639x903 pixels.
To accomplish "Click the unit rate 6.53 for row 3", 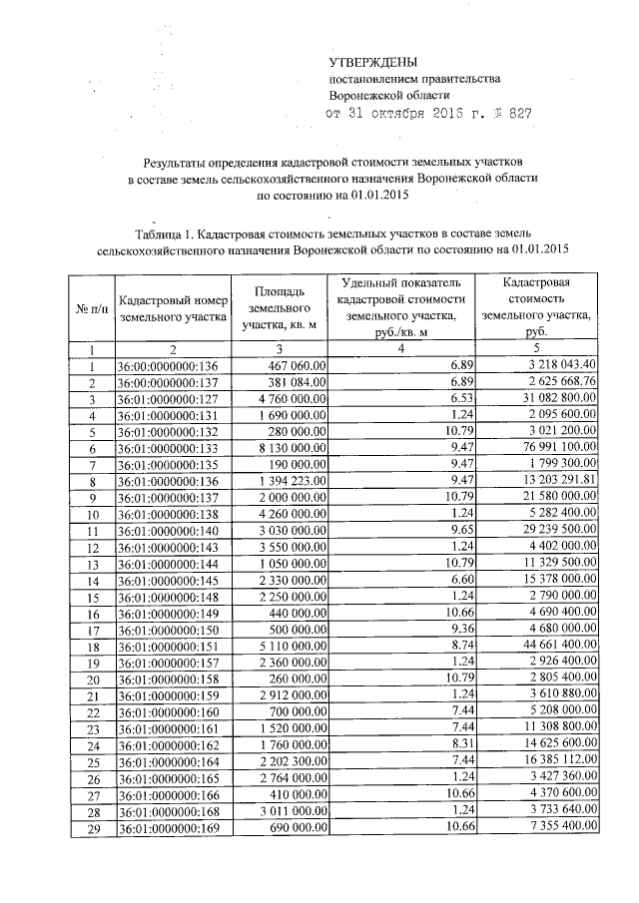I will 458,399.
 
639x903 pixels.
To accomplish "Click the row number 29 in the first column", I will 91,827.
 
